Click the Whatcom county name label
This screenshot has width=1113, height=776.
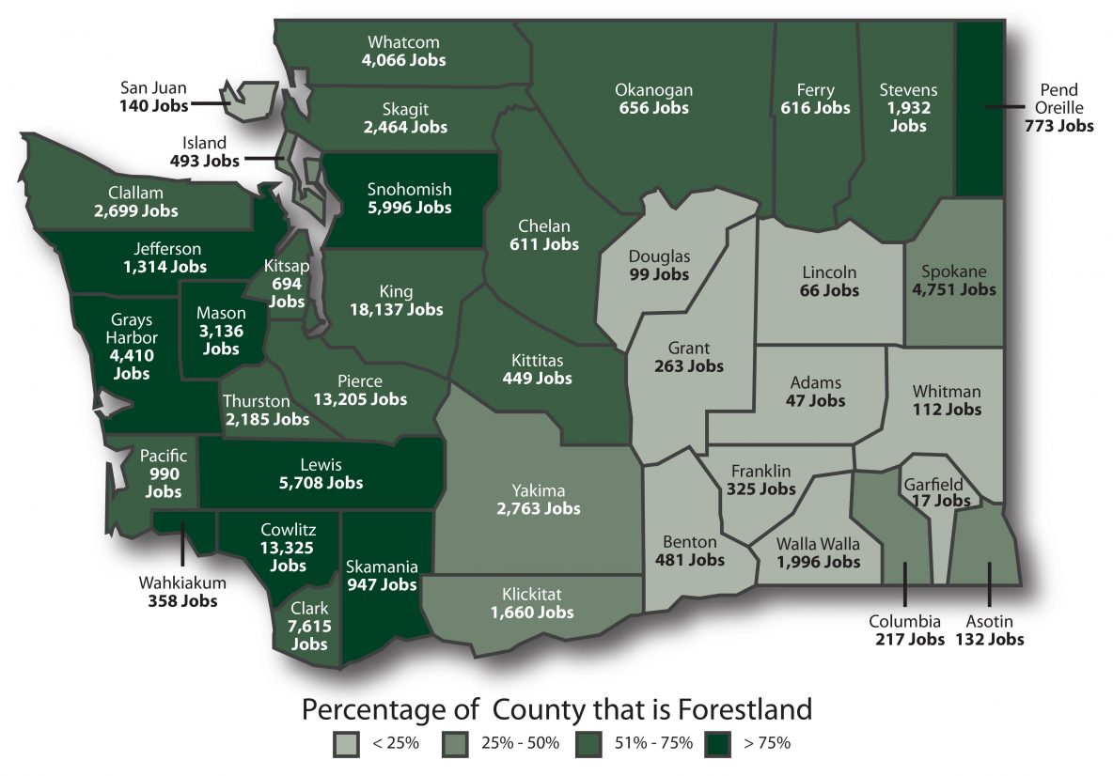point(403,43)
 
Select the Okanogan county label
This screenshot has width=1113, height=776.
point(653,90)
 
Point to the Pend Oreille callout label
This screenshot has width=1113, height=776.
point(1058,100)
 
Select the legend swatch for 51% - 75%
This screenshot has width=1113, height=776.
point(595,743)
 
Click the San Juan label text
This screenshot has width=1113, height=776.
point(153,89)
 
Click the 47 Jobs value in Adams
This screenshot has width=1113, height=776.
point(815,401)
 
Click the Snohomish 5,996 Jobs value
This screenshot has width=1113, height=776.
point(408,208)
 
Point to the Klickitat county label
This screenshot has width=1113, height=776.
point(531,595)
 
